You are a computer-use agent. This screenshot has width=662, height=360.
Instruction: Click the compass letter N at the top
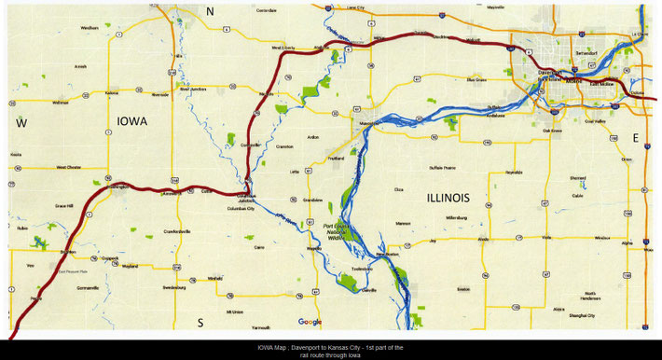pos(211,11)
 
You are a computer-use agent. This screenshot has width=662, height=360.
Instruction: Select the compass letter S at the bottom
pos(200,323)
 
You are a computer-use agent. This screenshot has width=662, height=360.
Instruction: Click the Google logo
pos(310,322)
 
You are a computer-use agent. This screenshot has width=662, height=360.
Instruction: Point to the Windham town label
pos(90,28)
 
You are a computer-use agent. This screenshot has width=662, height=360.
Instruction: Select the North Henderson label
pos(589,296)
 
